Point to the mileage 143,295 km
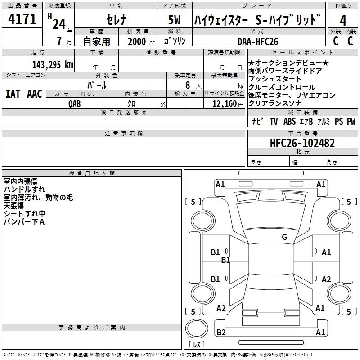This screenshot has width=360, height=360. coord(53,64)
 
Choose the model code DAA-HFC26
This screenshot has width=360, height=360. coord(258,41)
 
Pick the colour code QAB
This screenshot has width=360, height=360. coord(75,103)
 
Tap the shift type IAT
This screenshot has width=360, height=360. coord(12,94)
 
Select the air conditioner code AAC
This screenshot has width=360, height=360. coord(35,94)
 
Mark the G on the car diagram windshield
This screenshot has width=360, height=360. coord(284,237)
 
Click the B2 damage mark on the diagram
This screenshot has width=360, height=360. coord(221,333)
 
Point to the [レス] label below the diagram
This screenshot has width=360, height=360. coord(197,345)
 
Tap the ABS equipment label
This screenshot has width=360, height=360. coord(290,121)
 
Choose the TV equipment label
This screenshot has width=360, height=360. coord(274,121)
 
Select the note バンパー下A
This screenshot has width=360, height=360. coord(24,222)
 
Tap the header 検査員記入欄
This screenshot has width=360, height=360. coord(92,173)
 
